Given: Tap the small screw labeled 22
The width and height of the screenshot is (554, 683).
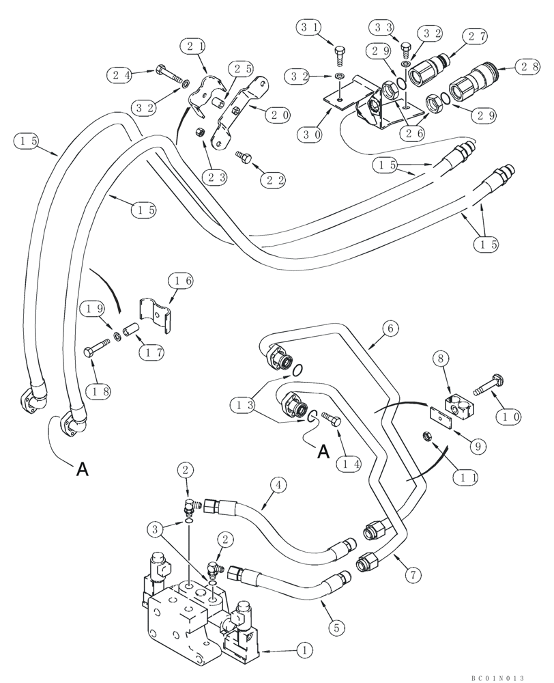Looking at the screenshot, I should (244, 158).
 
